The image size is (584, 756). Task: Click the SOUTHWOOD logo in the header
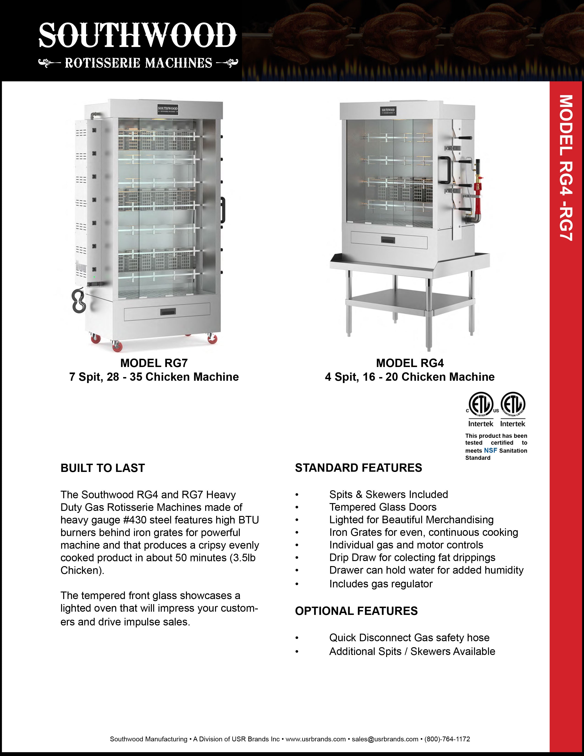(x=137, y=36)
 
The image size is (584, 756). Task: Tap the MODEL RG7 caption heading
(x=154, y=363)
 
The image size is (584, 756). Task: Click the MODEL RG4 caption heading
(x=410, y=363)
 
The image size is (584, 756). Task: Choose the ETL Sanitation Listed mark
(x=513, y=405)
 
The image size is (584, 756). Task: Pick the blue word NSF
(x=490, y=450)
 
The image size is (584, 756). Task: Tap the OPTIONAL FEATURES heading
(x=356, y=611)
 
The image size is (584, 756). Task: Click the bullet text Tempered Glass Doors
(x=383, y=507)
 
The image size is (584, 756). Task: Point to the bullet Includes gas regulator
(x=381, y=584)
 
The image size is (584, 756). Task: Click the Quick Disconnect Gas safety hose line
(x=409, y=638)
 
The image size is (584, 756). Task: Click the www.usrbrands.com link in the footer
(x=316, y=739)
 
